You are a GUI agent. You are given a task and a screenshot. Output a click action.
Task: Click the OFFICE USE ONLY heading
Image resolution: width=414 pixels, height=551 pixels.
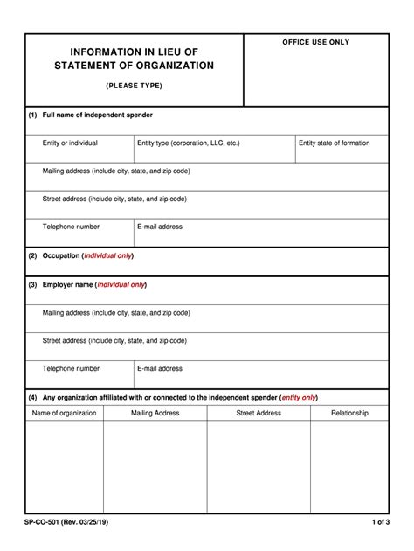coord(315,42)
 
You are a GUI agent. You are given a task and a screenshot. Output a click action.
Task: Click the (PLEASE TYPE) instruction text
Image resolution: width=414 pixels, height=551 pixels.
coord(134,86)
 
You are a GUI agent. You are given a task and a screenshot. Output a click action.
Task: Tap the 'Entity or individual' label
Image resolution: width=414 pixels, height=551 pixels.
coord(70,143)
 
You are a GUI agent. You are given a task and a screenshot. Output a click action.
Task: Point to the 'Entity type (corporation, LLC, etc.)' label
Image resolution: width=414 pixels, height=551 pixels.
coord(188,143)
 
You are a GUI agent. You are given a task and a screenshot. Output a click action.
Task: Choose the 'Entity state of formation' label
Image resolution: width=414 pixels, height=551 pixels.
coord(334,143)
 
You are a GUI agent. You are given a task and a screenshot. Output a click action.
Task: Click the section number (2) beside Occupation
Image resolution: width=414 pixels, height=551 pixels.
coord(32,255)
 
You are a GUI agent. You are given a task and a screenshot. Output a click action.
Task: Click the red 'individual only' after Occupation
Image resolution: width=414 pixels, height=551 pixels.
coord(108,255)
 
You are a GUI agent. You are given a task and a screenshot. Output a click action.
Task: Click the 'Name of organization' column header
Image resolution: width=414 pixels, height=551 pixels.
coord(65,413)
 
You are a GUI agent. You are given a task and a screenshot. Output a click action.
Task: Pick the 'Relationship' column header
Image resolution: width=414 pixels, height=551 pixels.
coord(349,413)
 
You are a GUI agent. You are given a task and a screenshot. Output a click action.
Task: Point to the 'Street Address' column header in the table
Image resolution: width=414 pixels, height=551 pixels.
coord(259,413)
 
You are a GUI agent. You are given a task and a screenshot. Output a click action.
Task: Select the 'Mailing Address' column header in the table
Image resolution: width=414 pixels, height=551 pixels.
coord(155,413)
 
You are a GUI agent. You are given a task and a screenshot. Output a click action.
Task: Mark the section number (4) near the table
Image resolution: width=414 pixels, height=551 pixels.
coord(32,396)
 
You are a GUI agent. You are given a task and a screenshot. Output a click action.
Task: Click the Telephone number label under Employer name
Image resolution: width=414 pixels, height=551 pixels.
coord(71,368)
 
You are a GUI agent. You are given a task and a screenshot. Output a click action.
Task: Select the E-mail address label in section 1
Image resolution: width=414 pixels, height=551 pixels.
coord(160,227)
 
